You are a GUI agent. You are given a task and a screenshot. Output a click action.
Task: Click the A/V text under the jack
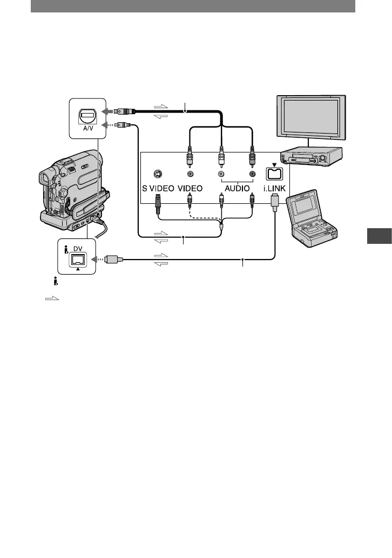87,130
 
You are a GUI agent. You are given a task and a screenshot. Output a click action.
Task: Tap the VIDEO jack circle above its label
190,174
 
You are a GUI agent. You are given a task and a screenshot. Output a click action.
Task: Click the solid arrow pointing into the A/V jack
109,111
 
